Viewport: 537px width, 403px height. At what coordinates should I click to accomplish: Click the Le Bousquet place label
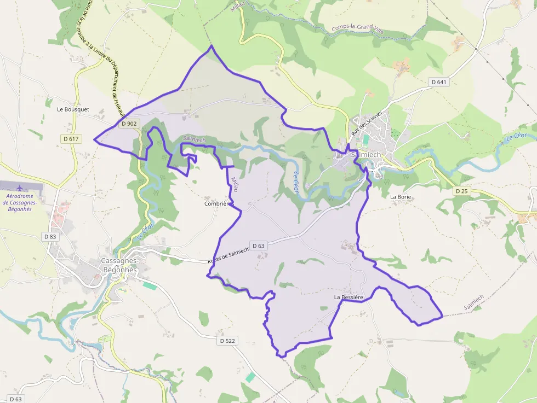click(73, 109)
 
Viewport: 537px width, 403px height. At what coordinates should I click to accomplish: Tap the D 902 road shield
click(129, 124)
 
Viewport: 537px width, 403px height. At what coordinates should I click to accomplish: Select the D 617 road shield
click(71, 139)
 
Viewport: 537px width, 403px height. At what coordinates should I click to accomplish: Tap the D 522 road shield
click(227, 341)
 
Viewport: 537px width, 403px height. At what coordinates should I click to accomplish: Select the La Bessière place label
click(349, 297)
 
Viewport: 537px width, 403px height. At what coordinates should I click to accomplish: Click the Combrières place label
click(219, 203)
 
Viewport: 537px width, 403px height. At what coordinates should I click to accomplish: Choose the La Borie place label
click(400, 196)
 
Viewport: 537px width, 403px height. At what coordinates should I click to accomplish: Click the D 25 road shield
click(461, 191)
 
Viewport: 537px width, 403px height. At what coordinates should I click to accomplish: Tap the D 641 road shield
click(439, 82)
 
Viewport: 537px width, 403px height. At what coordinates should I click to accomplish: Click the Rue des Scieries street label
click(367, 123)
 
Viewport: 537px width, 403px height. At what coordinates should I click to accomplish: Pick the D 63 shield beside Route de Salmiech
click(258, 246)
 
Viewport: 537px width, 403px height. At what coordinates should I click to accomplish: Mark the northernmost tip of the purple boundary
click(211, 46)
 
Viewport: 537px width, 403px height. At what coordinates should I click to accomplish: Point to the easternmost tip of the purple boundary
click(442, 316)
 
